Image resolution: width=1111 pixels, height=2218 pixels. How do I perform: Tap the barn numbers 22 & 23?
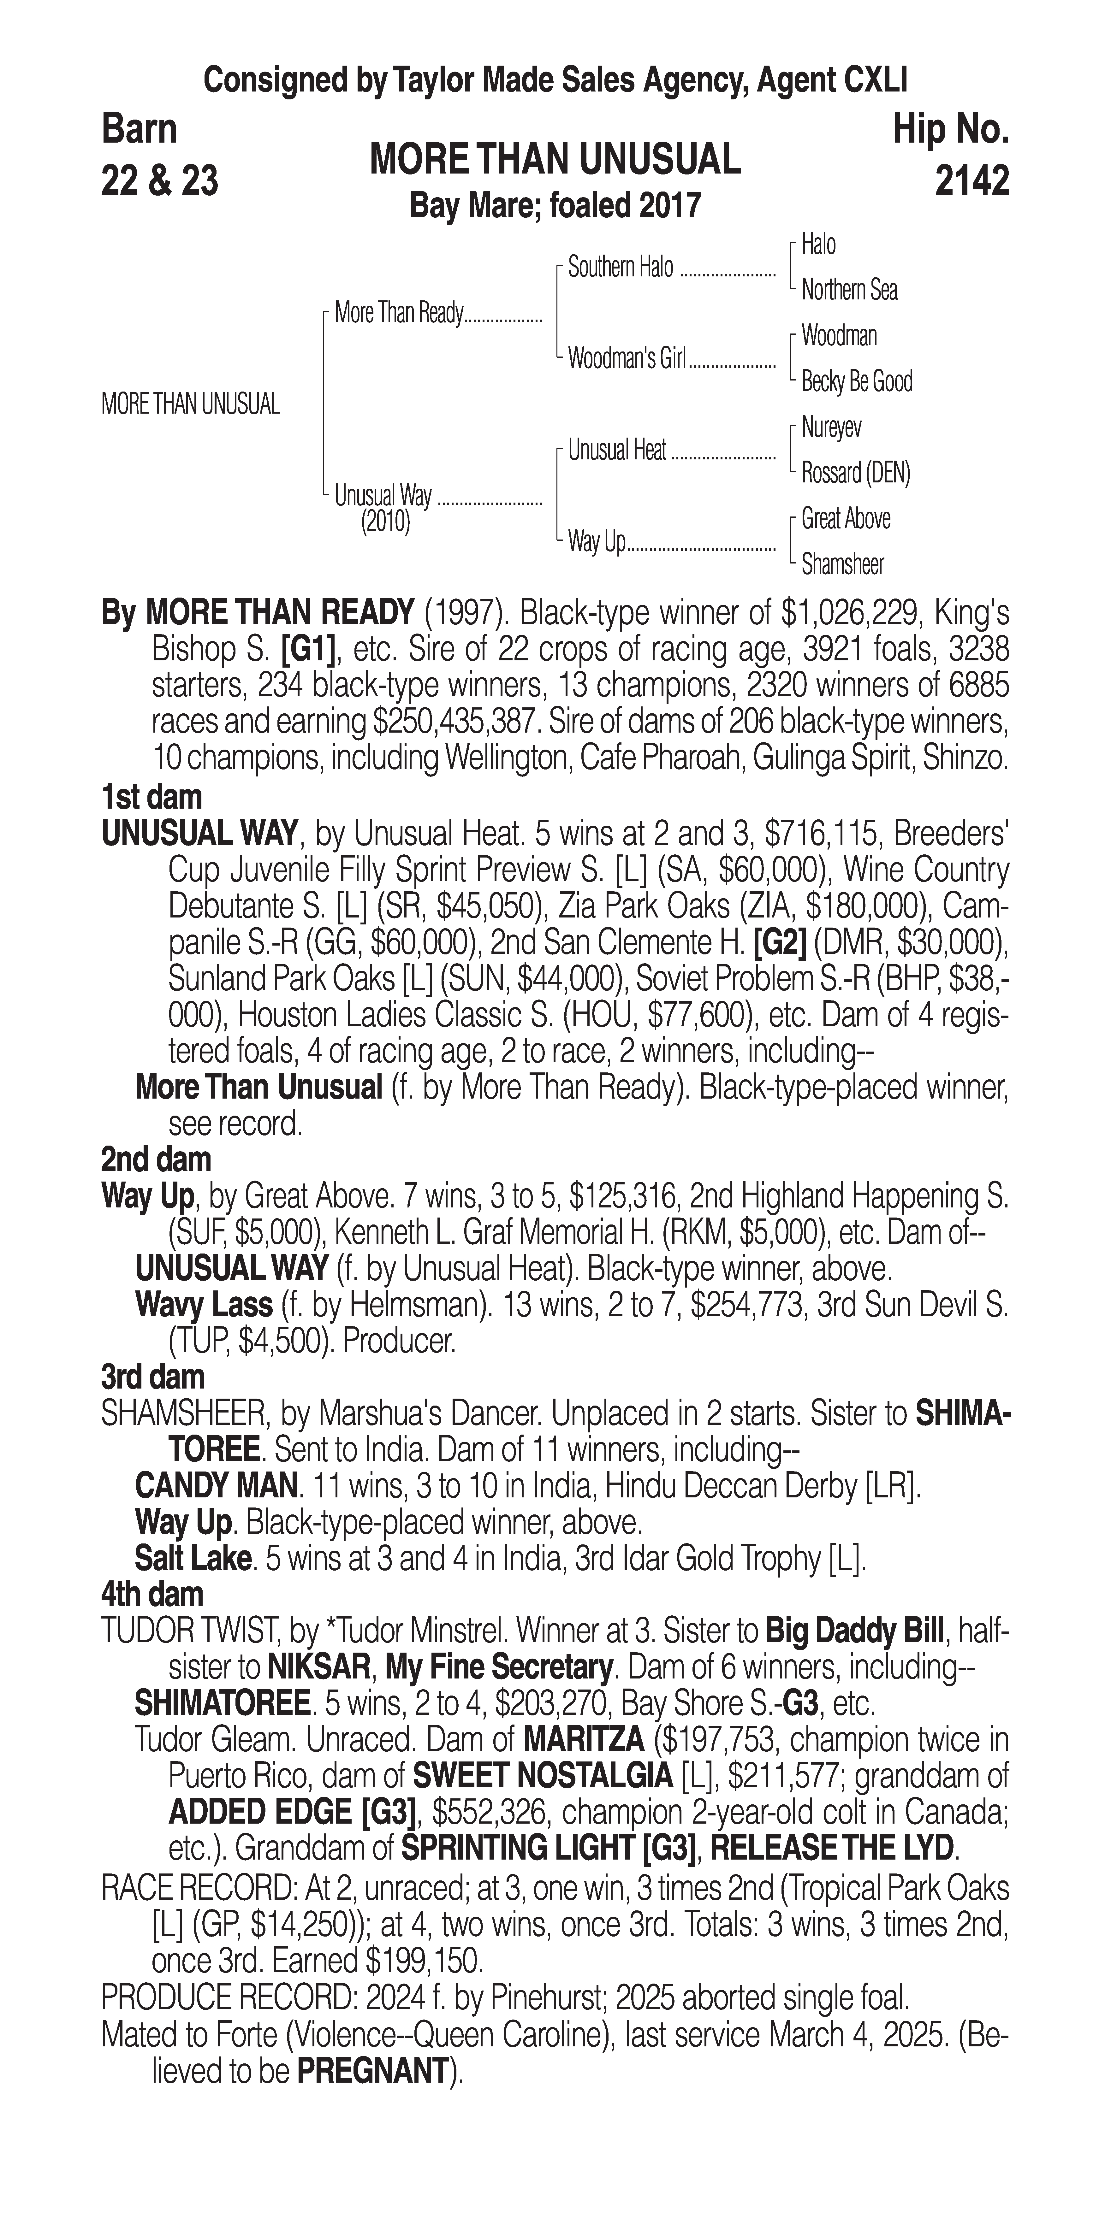click(x=159, y=181)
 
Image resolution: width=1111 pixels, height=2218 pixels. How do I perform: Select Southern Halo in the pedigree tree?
click(x=620, y=268)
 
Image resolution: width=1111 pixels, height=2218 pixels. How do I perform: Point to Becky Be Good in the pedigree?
click(x=856, y=381)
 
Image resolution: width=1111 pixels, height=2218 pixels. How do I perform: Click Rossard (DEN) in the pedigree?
click(x=855, y=473)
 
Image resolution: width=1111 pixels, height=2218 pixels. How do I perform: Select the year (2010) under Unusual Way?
click(x=385, y=523)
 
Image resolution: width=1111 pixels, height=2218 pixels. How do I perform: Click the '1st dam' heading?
click(x=151, y=797)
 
